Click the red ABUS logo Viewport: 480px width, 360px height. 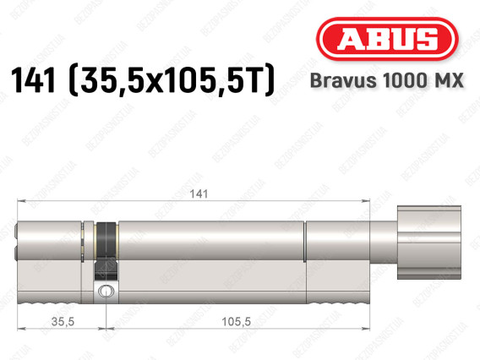point(387,39)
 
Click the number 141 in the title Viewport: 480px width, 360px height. point(34,80)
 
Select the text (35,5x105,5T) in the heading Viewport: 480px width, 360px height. point(172,80)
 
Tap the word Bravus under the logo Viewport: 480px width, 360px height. point(343,81)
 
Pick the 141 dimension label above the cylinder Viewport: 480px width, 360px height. point(199,194)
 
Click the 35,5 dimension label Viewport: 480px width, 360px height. point(63,321)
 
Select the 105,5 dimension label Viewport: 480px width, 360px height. point(236,321)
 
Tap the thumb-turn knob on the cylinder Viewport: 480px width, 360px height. point(429,243)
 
